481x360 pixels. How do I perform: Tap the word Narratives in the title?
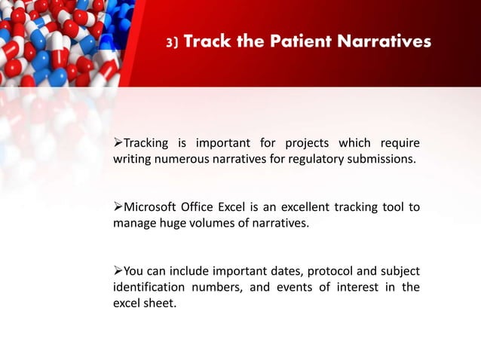coord(386,42)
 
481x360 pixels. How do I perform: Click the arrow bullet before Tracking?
coord(118,144)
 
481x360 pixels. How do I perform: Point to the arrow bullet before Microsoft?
coord(118,207)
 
